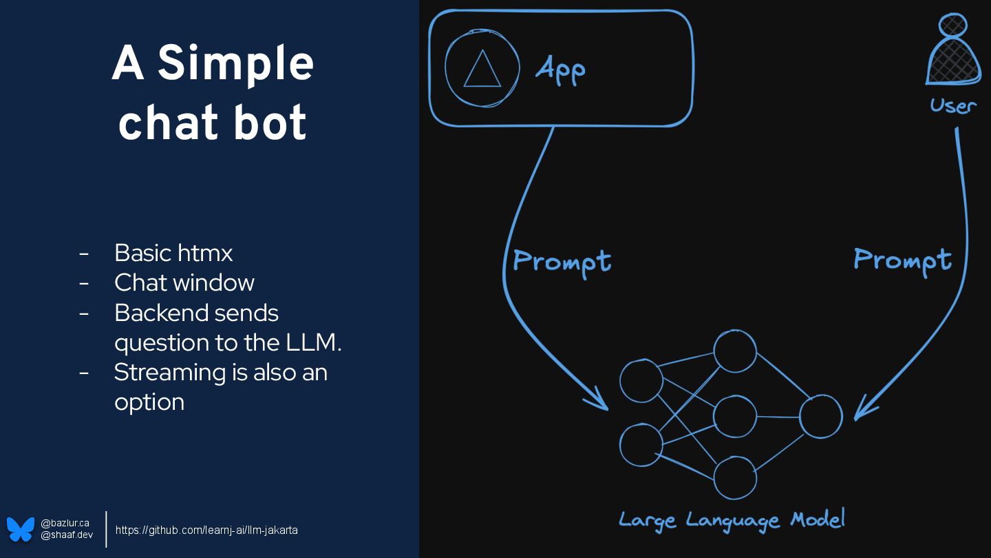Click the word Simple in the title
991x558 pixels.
[236, 65]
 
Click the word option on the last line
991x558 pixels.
[149, 402]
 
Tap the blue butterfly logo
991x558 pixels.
[21, 529]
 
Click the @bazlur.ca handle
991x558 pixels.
[65, 524]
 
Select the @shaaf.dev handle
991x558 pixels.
[67, 535]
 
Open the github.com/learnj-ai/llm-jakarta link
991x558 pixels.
[206, 530]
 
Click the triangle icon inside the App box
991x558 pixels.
[482, 70]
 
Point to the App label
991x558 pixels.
[560, 70]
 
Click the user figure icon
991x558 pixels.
[953, 52]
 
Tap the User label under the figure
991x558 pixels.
[953, 106]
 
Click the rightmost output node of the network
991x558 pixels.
[820, 417]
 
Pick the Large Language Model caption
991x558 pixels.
[732, 520]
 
